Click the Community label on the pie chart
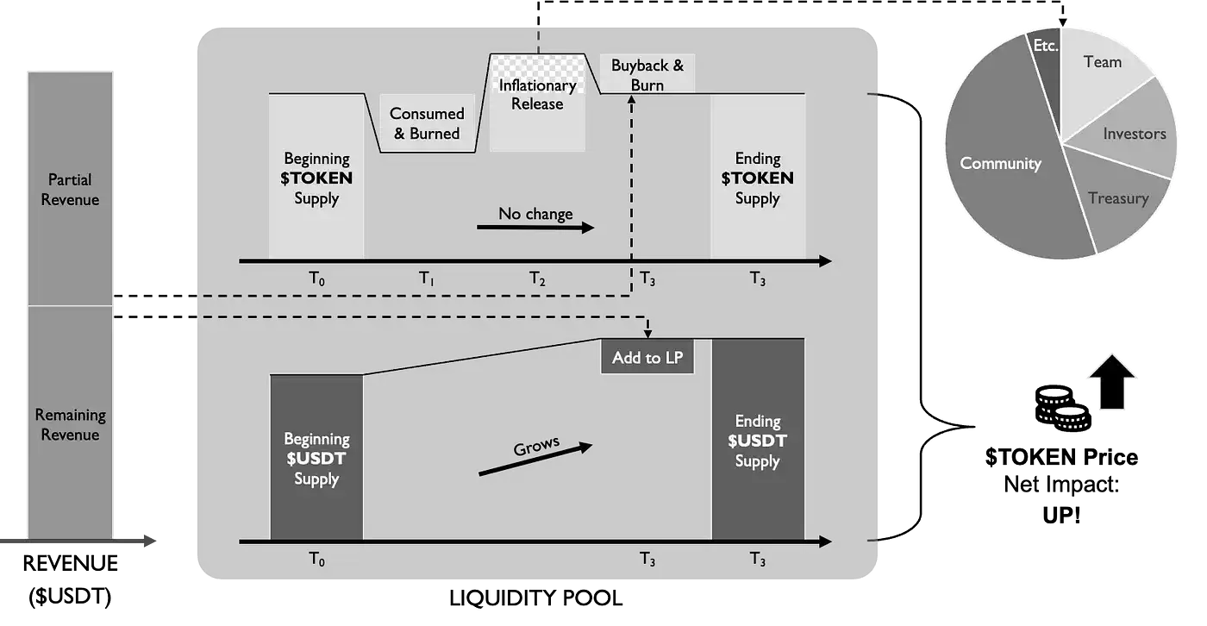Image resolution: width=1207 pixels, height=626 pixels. click(x=1000, y=163)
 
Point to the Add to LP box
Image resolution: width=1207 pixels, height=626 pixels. click(x=647, y=356)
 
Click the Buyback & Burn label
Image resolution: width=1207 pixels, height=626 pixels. click(x=647, y=75)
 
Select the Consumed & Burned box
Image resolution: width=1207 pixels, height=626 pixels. click(x=427, y=123)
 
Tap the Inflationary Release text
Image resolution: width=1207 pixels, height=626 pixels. click(x=537, y=94)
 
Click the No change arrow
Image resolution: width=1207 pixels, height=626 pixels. click(x=535, y=228)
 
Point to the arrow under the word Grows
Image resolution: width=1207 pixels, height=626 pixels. click(x=535, y=459)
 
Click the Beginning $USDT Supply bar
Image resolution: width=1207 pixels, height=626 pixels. click(x=316, y=457)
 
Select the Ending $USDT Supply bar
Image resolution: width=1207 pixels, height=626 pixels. click(x=758, y=439)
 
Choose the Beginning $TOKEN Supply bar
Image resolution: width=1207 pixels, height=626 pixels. click(x=316, y=176)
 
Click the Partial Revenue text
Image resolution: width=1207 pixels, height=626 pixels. click(x=70, y=190)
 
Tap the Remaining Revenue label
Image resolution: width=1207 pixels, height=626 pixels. click(x=70, y=424)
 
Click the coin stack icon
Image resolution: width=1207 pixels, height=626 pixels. click(x=1062, y=408)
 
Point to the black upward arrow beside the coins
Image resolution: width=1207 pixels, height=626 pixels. click(x=1112, y=381)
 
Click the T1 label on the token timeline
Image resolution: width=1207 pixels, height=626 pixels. click(x=427, y=279)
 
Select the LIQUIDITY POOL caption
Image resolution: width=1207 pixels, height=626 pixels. click(x=535, y=598)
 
